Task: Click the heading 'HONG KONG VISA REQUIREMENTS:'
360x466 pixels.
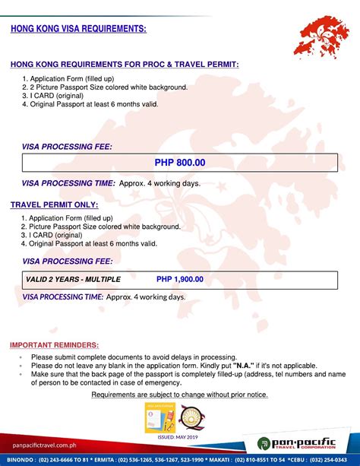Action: [78, 29]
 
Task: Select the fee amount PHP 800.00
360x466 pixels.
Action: [180, 163]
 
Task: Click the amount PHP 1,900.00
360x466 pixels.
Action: [180, 279]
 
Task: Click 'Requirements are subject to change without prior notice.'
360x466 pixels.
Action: [179, 395]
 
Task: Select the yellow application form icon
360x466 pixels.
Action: [155, 417]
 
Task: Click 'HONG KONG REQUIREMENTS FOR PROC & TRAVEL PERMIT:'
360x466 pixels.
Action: [125, 65]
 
